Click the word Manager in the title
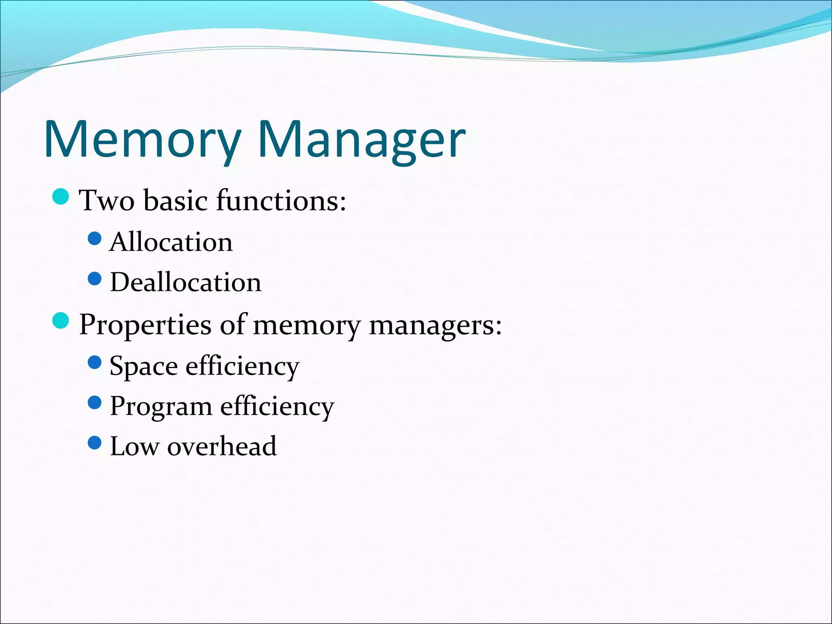coord(362,140)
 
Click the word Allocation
coord(171,242)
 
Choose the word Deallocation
coord(186,282)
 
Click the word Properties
coord(145,325)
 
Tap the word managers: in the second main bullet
coord(435,325)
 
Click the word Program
coord(161,406)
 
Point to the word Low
coord(134,446)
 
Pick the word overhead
coord(222,446)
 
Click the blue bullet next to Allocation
coord(94,239)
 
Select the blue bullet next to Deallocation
coord(94,279)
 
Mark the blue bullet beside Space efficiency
coord(94,362)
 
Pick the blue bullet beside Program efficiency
coord(94,403)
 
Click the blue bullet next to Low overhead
coord(94,443)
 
